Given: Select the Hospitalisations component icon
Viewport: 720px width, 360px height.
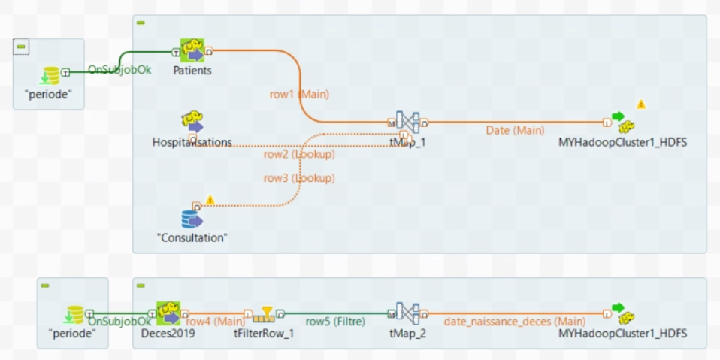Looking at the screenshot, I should click(192, 123).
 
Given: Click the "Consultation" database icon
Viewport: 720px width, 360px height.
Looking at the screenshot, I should click(192, 218).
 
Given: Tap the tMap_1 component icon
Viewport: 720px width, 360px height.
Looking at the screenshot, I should click(407, 123).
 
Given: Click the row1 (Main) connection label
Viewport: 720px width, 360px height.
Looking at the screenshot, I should click(299, 95).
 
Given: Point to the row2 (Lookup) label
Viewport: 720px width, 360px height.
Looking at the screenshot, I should click(299, 154).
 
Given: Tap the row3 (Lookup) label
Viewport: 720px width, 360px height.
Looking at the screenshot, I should click(299, 178).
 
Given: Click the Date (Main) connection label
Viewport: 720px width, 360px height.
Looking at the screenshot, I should click(515, 130).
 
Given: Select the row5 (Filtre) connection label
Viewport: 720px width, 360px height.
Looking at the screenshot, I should click(334, 322).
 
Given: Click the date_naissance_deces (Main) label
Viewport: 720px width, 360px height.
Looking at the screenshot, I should click(514, 322).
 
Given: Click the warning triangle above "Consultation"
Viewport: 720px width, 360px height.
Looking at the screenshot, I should click(210, 200).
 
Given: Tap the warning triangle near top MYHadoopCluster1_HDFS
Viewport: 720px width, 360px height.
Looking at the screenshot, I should click(641, 104).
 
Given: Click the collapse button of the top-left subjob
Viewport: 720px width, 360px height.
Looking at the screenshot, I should click(21, 47).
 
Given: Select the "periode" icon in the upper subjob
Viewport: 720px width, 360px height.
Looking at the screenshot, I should click(50, 75).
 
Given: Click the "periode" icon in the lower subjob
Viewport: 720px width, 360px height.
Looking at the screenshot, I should click(74, 313).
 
